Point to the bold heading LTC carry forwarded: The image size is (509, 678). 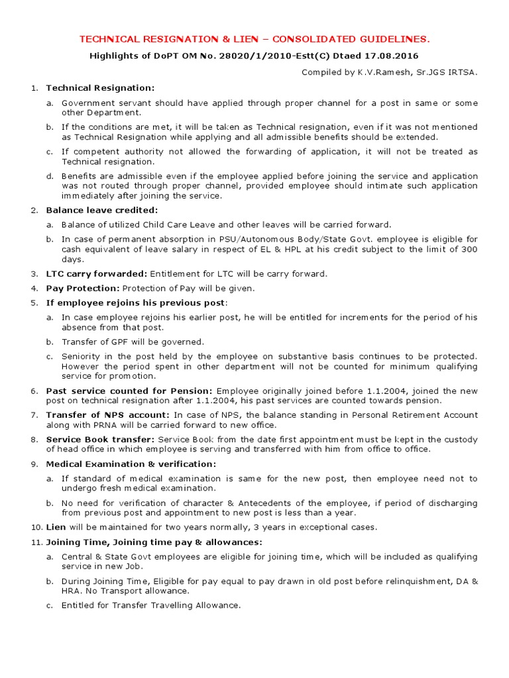[97, 273]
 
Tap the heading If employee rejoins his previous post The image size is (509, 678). [136, 303]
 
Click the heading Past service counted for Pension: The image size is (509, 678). [129, 391]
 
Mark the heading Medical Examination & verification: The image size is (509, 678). [131, 463]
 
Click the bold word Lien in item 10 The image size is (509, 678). [56, 527]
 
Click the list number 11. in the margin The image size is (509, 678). [35, 542]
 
